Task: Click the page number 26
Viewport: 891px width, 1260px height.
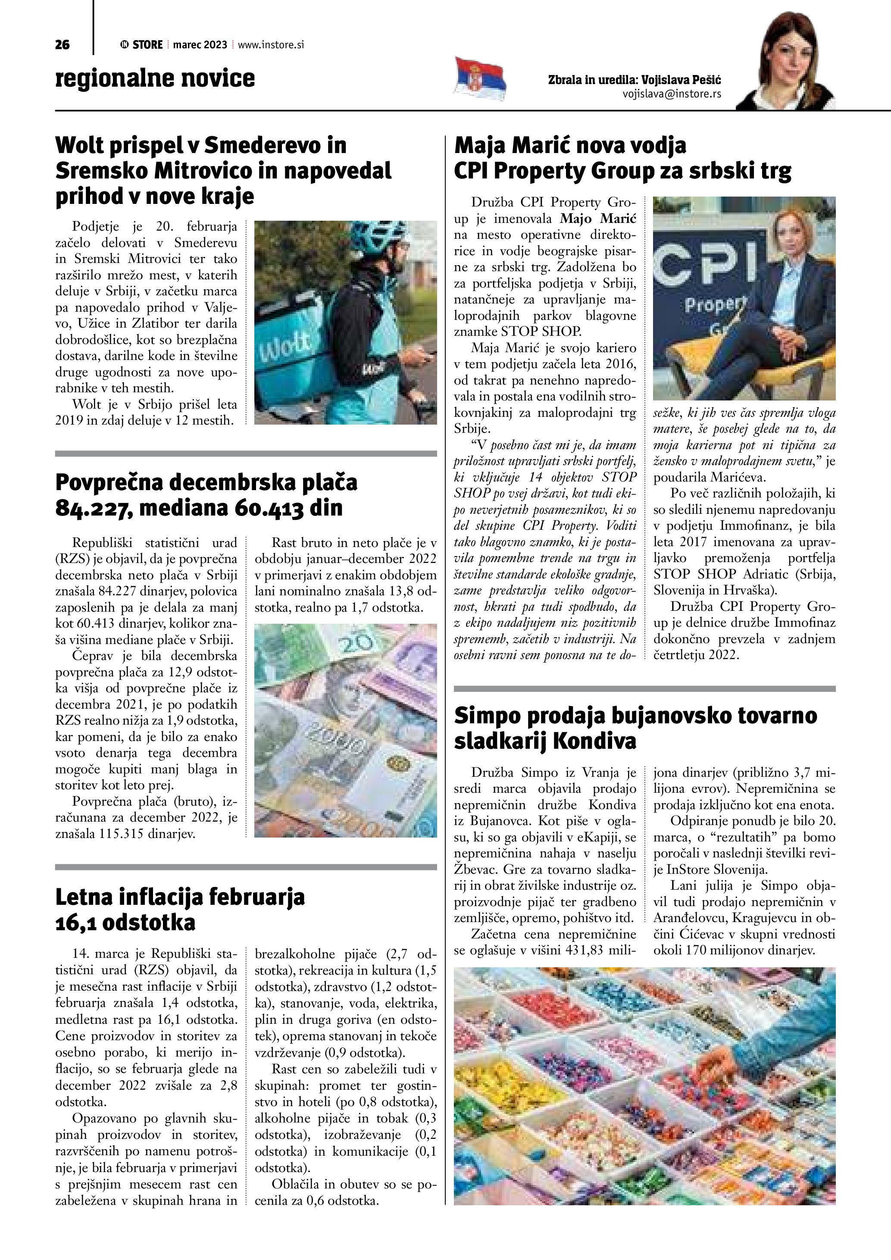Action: point(63,45)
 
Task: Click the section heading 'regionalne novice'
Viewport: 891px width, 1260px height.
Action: point(155,78)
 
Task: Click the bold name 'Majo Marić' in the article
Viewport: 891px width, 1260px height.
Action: point(598,219)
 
